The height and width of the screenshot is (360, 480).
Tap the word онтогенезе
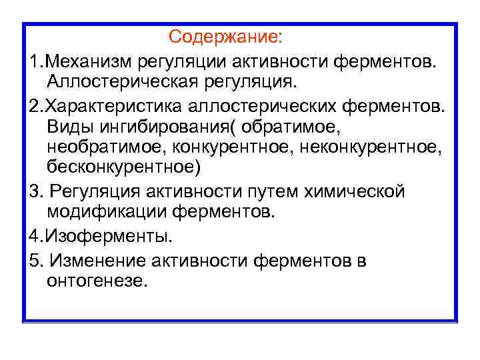pyautogui.click(x=95, y=280)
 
